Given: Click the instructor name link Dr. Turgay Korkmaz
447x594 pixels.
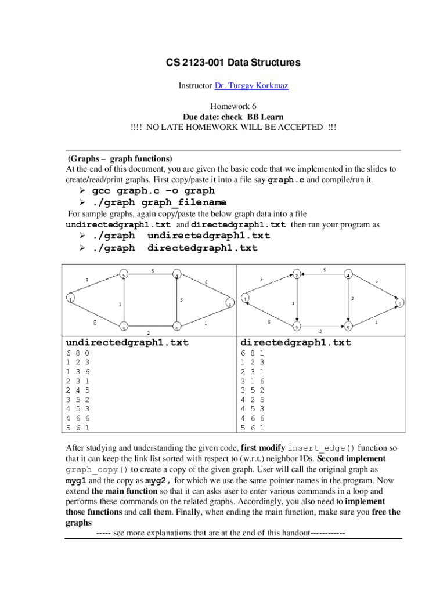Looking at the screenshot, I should [x=251, y=86].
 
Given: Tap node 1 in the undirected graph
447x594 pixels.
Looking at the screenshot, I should [x=70, y=299].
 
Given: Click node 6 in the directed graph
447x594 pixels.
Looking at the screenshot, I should [x=401, y=303].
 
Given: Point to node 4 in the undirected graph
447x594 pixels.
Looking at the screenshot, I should [x=176, y=275].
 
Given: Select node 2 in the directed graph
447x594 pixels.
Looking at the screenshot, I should [x=297, y=274].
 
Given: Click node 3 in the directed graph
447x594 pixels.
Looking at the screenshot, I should [x=297, y=327].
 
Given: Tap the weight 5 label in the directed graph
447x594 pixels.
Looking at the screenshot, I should [x=325, y=270].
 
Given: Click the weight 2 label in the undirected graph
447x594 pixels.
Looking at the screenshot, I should [x=149, y=333].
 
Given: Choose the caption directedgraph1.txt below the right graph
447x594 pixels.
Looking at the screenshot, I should [x=296, y=343].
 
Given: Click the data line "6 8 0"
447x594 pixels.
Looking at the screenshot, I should [x=78, y=353].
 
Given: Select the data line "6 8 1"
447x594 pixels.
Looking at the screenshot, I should [x=252, y=353].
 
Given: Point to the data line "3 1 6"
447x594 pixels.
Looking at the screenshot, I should [x=252, y=381].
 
